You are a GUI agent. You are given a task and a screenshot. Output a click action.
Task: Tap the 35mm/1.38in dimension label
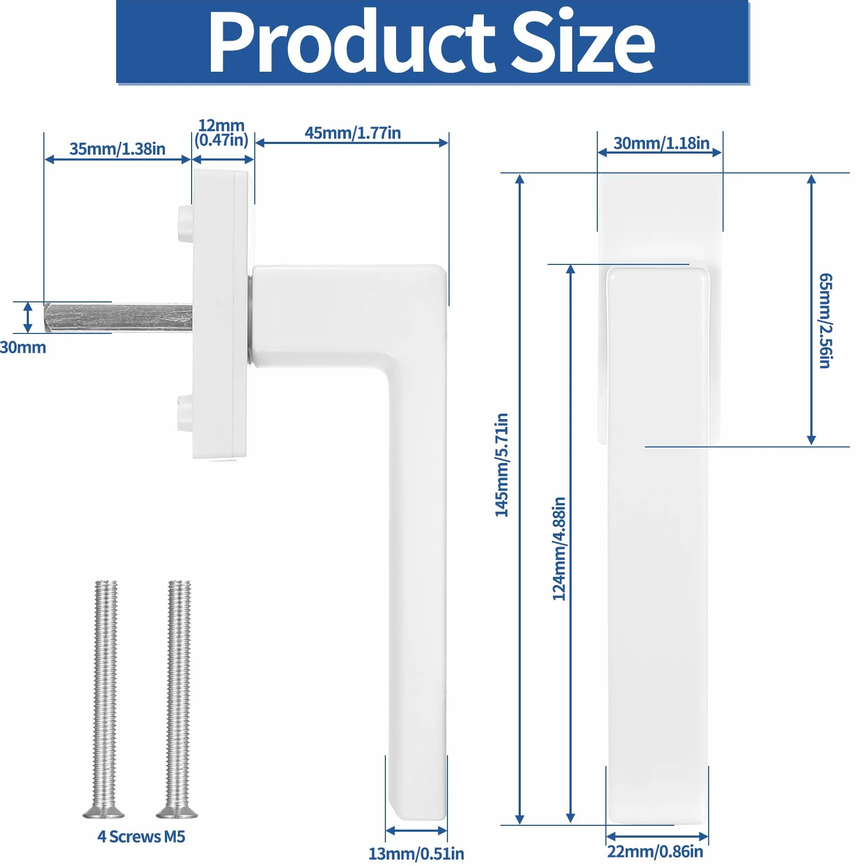click(117, 149)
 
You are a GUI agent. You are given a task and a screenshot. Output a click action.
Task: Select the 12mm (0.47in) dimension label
click(222, 133)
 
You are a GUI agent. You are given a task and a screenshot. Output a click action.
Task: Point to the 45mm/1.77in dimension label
click(353, 133)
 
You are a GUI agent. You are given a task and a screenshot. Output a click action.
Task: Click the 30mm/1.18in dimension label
click(661, 143)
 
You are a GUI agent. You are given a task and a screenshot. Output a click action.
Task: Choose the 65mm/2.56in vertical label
click(826, 321)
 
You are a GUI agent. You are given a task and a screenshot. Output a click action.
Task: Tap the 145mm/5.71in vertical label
click(502, 465)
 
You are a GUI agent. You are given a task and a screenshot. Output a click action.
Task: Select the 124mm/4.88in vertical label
click(559, 549)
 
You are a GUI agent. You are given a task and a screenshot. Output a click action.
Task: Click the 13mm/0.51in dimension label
click(416, 853)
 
